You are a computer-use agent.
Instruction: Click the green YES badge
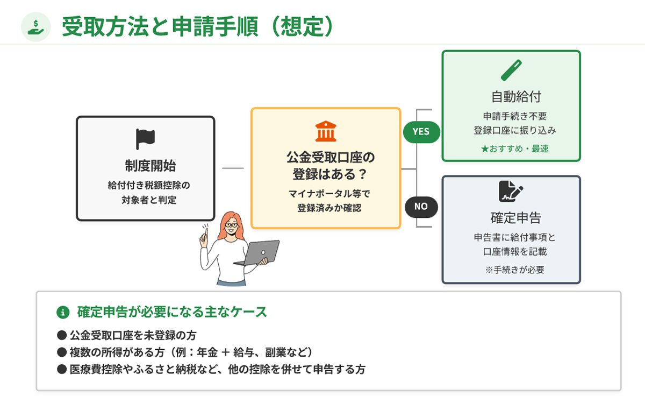pyautogui.click(x=421, y=132)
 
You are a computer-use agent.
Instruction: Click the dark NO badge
pyautogui.click(x=421, y=207)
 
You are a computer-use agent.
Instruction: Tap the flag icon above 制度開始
pyautogui.click(x=145, y=139)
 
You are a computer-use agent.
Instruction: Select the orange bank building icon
pyautogui.click(x=326, y=131)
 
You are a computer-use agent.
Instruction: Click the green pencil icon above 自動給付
pyautogui.click(x=511, y=70)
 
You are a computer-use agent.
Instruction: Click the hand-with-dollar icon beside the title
pyautogui.click(x=35, y=26)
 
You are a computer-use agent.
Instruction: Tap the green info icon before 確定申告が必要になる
pyautogui.click(x=63, y=312)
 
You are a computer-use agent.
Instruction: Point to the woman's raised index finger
pyautogui.click(x=205, y=233)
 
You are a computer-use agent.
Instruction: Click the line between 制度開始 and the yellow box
pyautogui.click(x=233, y=168)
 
